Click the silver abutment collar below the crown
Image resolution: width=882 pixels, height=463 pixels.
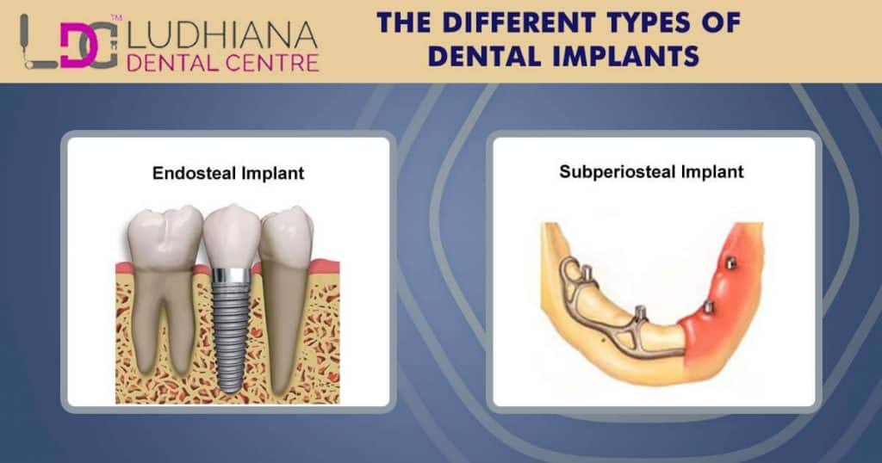click(x=230, y=275)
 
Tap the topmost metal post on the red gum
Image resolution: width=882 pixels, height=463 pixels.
click(x=730, y=262)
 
